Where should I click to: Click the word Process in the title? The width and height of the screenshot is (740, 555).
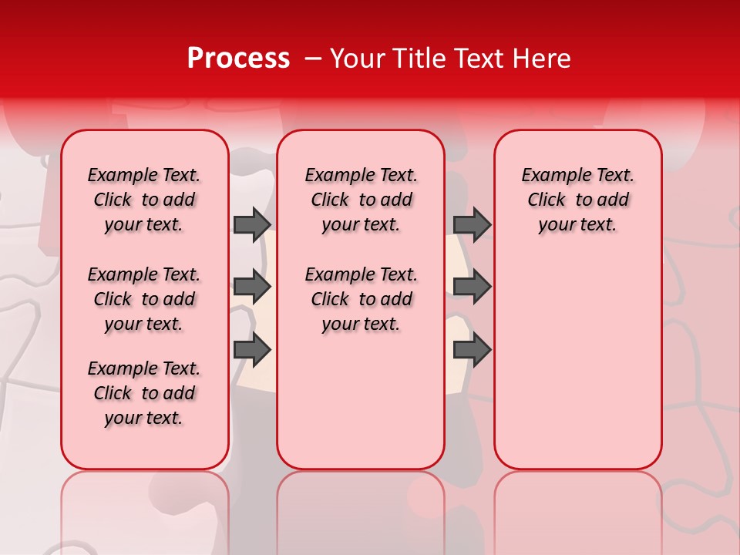tap(238, 59)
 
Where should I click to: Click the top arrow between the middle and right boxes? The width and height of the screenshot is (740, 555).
tap(472, 224)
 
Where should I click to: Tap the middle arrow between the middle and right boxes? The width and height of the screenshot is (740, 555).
tap(472, 287)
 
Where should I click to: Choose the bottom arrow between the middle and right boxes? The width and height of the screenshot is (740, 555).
tap(472, 350)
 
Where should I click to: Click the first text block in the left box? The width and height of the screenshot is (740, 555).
tap(144, 200)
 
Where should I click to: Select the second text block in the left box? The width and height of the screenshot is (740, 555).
tap(144, 299)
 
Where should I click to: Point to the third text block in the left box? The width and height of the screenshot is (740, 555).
tap(144, 393)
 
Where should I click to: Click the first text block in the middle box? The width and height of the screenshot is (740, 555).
tap(361, 200)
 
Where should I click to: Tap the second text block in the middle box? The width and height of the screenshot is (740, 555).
tap(361, 299)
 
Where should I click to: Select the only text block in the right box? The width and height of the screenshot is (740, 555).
tap(577, 200)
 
